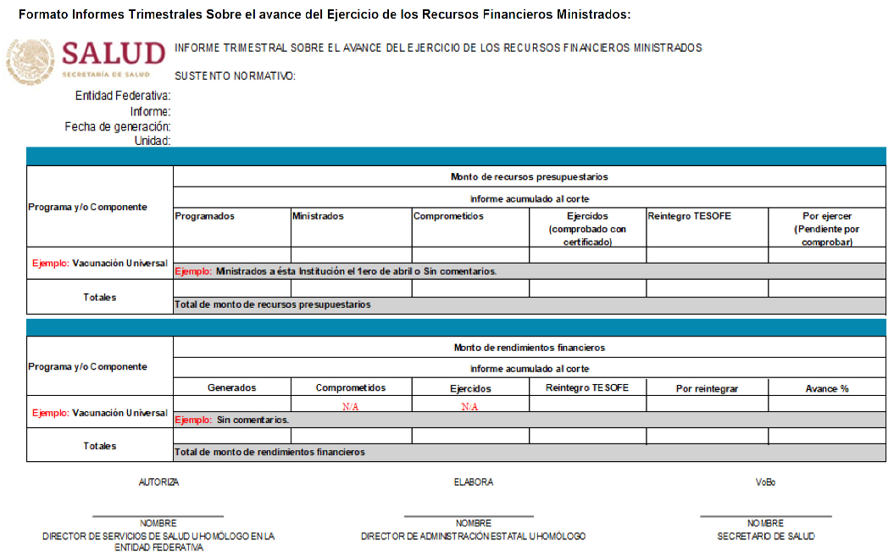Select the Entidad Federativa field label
click(x=123, y=96)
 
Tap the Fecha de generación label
click(x=118, y=126)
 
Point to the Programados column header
click(x=204, y=216)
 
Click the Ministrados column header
click(x=318, y=216)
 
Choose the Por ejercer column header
click(x=826, y=229)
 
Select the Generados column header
click(x=231, y=387)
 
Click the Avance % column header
click(x=826, y=388)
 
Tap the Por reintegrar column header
click(x=707, y=388)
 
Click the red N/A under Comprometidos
click(x=351, y=406)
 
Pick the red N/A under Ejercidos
click(x=469, y=406)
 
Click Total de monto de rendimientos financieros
click(x=269, y=452)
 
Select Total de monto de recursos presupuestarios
click(x=272, y=304)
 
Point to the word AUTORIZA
click(x=158, y=482)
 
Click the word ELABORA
click(x=473, y=482)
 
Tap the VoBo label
click(x=765, y=482)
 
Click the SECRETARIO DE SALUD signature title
click(x=765, y=536)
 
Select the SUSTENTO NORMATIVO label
click(x=235, y=76)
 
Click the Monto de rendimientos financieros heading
click(x=529, y=348)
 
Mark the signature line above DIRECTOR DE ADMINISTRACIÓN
click(x=469, y=515)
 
